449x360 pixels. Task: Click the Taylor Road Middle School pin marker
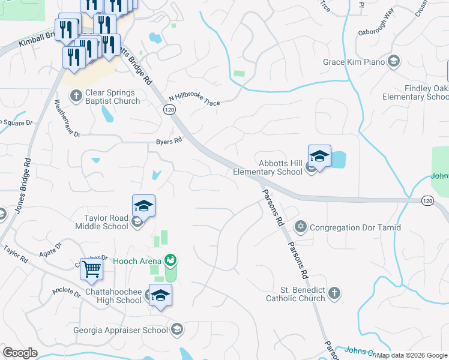[144, 206]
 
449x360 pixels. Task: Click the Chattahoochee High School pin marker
[160, 296]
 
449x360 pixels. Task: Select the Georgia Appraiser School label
[121, 330]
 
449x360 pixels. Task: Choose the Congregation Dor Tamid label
[355, 227]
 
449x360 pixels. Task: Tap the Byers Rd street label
[169, 142]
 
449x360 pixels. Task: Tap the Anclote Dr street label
[66, 292]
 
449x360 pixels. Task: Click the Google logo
[20, 353]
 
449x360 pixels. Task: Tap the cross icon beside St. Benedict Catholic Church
[334, 293]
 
